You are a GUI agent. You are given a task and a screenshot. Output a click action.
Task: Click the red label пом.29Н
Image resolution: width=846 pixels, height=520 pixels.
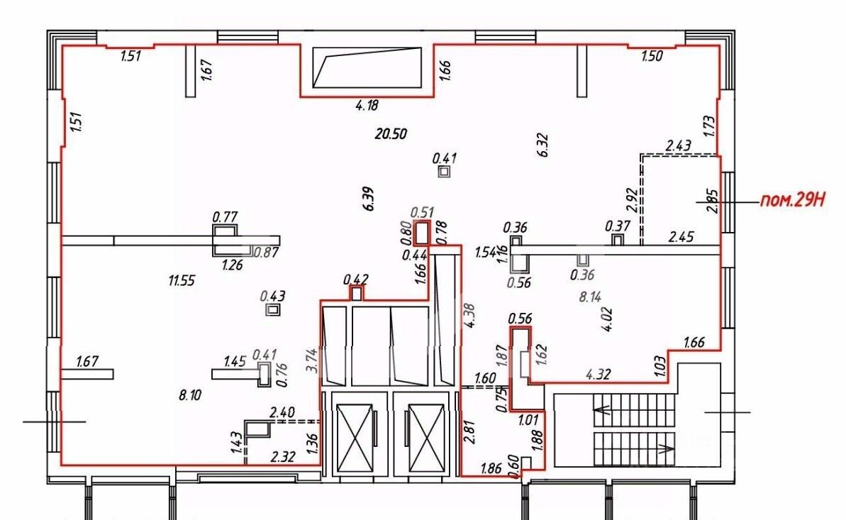pyautogui.click(x=793, y=200)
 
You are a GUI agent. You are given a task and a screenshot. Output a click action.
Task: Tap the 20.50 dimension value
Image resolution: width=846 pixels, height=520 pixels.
pyautogui.click(x=391, y=133)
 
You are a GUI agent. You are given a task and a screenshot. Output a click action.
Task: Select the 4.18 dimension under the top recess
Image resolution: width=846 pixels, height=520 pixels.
pyautogui.click(x=367, y=105)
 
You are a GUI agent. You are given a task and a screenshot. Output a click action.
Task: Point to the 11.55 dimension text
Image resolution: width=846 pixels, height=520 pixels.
pyautogui.click(x=182, y=280)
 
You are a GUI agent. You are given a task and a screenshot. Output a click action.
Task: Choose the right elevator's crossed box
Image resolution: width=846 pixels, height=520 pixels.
pyautogui.click(x=426, y=438)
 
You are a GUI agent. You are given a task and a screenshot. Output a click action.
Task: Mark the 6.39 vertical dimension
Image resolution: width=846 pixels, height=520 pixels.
pyautogui.click(x=369, y=198)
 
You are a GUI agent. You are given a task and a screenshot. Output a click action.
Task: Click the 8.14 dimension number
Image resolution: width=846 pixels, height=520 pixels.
pyautogui.click(x=590, y=296)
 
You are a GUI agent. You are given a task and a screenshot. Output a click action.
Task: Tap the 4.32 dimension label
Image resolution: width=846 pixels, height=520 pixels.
pyautogui.click(x=599, y=374)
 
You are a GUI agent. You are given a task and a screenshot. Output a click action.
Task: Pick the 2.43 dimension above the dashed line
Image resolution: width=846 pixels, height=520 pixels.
pyautogui.click(x=678, y=145)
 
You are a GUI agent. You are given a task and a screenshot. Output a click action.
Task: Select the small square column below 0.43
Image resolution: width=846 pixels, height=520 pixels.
pyautogui.click(x=274, y=309)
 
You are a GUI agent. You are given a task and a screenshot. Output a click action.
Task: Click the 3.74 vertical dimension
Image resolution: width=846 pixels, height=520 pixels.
pyautogui.click(x=311, y=360)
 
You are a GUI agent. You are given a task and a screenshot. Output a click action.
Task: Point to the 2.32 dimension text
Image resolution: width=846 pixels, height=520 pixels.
pyautogui.click(x=283, y=457)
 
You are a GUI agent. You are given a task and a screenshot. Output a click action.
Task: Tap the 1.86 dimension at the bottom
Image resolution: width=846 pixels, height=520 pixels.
pyautogui.click(x=491, y=468)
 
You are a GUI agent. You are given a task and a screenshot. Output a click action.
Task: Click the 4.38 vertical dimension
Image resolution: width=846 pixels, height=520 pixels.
pyautogui.click(x=470, y=316)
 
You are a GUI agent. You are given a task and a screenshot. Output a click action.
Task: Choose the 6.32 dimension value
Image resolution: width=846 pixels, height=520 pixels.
pyautogui.click(x=542, y=145)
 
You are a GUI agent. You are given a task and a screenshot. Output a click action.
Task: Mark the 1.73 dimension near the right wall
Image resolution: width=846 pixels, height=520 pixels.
pyautogui.click(x=710, y=126)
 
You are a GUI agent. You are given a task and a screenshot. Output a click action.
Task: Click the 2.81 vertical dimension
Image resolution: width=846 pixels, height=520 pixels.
pyautogui.click(x=470, y=431)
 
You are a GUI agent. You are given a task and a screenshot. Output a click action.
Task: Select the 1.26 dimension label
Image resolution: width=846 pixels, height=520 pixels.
pyautogui.click(x=233, y=265)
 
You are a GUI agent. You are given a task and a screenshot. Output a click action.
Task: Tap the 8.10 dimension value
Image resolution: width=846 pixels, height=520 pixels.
pyautogui.click(x=190, y=394)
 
